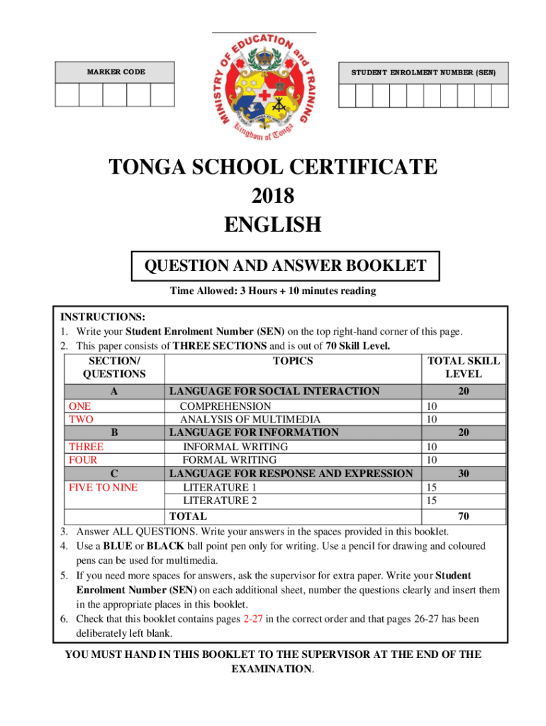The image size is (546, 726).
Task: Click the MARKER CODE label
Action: point(116,72)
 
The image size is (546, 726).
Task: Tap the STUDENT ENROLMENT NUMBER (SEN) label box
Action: point(424,72)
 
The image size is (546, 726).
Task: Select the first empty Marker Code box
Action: point(67,95)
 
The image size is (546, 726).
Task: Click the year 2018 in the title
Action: point(272,196)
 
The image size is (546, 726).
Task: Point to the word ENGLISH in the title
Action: point(272,225)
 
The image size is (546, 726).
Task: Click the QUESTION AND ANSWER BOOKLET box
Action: point(286,267)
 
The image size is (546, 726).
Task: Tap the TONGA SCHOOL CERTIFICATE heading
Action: point(272,167)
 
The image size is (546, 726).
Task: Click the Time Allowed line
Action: point(272,291)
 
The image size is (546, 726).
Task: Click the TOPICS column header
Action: point(293,361)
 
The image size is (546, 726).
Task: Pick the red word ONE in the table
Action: point(79,406)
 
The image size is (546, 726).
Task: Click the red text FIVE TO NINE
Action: point(102,488)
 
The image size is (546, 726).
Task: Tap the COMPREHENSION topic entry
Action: point(225,406)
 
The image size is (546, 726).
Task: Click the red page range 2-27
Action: point(256,619)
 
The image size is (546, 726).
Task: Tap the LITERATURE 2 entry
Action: point(220,501)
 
